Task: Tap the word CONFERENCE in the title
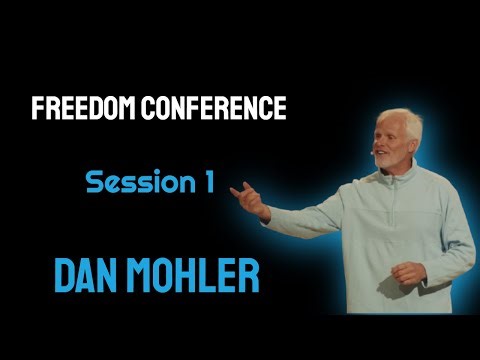(x=213, y=109)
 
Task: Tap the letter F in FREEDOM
(x=38, y=109)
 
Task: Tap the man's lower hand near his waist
(x=408, y=272)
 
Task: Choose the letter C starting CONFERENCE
(x=147, y=109)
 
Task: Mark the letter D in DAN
(x=62, y=272)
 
